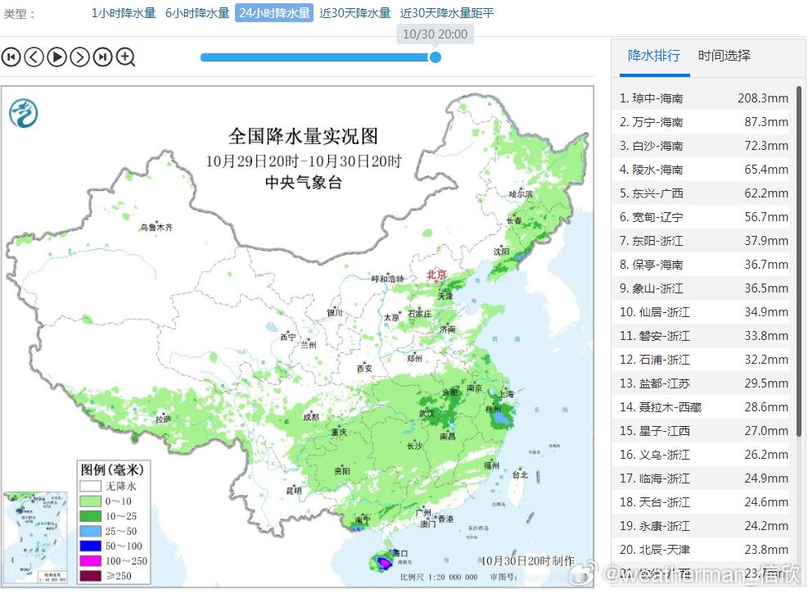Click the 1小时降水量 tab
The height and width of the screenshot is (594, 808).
(x=123, y=13)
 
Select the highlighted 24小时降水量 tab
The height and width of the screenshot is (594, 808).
(x=274, y=13)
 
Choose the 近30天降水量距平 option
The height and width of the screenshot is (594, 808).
(x=447, y=13)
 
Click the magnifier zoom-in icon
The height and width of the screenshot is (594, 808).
(x=125, y=57)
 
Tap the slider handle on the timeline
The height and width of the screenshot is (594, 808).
(x=436, y=57)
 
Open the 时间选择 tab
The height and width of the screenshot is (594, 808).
(x=724, y=56)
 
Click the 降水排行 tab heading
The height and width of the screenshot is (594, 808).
(x=653, y=56)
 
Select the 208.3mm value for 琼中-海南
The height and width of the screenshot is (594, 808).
(x=762, y=98)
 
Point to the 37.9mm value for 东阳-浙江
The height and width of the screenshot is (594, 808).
(x=762, y=241)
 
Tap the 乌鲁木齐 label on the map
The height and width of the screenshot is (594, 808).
(x=156, y=227)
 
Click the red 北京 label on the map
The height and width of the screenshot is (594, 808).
(x=437, y=274)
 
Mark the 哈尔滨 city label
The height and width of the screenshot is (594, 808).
(x=521, y=194)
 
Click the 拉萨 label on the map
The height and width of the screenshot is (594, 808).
(x=164, y=419)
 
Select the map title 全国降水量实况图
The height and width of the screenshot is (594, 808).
(x=303, y=135)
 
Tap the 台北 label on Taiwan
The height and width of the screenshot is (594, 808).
(x=520, y=474)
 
